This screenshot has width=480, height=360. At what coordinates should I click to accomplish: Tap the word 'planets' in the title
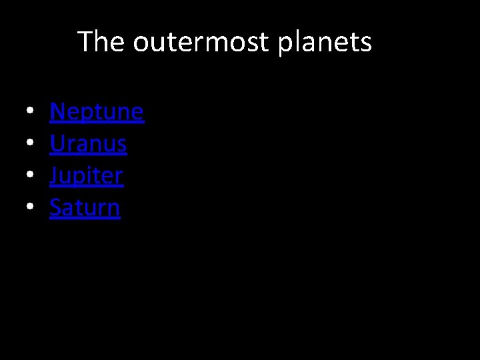(x=325, y=42)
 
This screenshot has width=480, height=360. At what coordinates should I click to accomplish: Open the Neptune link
(x=97, y=111)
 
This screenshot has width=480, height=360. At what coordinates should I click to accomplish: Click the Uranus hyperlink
(x=88, y=143)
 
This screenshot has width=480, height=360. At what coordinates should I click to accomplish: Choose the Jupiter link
(x=87, y=175)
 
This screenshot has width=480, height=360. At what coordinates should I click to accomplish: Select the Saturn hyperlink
(x=85, y=207)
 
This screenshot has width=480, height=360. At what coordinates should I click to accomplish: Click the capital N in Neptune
(x=57, y=111)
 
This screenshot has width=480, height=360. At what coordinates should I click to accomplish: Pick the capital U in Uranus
(x=57, y=143)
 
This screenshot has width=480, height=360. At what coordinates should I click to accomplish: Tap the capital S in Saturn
(x=56, y=207)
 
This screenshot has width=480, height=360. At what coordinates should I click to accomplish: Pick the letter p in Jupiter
(x=83, y=177)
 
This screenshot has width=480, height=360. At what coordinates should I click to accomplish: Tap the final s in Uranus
(x=121, y=145)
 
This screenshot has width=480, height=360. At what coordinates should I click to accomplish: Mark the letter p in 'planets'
(x=285, y=44)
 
